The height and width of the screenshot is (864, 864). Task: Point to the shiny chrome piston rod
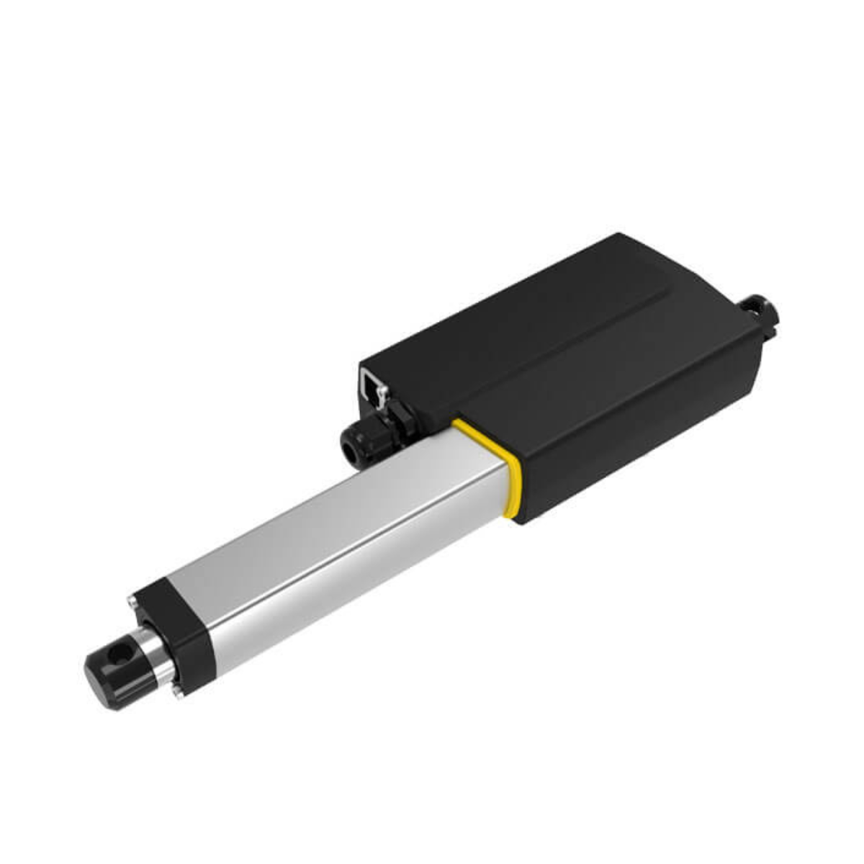pos(159,652)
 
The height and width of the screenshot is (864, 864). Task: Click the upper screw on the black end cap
pos(132,600)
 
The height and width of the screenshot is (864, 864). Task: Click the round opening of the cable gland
pos(351,451)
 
